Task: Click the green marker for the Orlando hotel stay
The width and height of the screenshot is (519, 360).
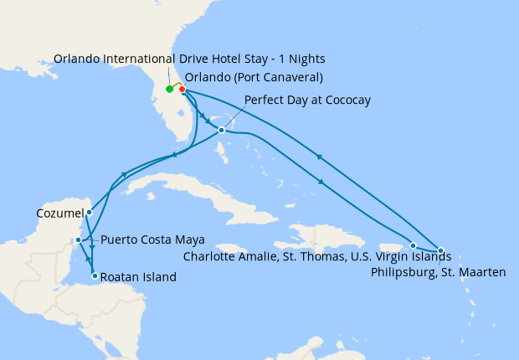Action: (169, 89)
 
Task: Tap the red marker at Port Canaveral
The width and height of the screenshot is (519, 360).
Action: (182, 90)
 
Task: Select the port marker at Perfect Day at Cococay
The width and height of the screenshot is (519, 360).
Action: (221, 130)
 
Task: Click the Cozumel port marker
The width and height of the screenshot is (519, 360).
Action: (89, 212)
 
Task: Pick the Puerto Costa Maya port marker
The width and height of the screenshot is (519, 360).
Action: (78, 240)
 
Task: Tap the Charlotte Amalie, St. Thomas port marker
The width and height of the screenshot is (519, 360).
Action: (414, 245)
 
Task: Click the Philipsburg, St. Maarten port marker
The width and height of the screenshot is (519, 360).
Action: (440, 250)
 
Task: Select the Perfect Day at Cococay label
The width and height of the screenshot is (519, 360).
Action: (307, 100)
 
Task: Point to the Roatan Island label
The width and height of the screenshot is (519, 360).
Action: (139, 276)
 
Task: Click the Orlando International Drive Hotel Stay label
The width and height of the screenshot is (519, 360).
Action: (189, 59)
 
